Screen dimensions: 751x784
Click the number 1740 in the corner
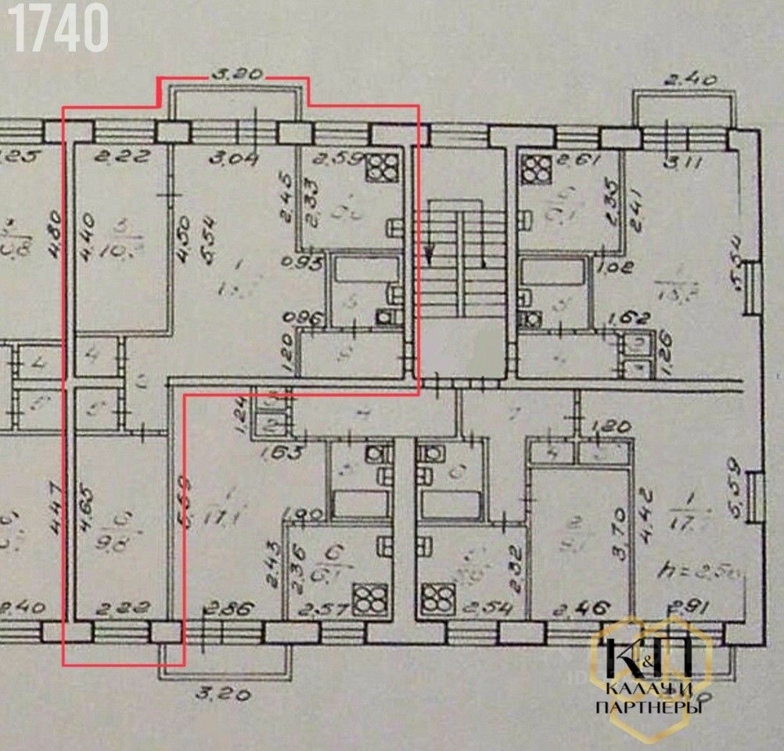pos(59,28)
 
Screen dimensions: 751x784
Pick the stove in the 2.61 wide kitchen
pos(537,167)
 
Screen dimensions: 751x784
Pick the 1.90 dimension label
pos(301,515)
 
